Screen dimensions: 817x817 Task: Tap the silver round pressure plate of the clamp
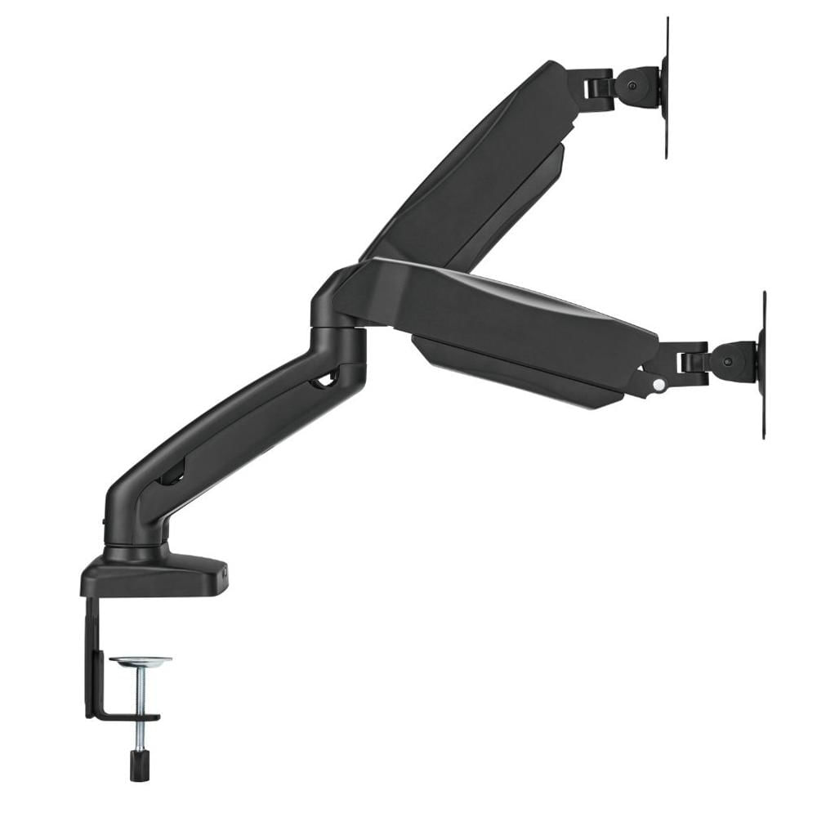[141, 661]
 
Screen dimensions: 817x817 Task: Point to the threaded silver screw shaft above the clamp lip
[140, 690]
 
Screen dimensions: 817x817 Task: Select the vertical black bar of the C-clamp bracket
[90, 654]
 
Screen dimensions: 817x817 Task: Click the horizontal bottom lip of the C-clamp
[123, 717]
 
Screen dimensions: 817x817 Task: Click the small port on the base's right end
[223, 574]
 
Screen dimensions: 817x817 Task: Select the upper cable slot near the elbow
[325, 377]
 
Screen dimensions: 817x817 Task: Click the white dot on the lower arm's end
[659, 383]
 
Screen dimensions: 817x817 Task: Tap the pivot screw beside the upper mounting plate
[631, 84]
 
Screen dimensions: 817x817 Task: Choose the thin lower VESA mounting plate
[763, 364]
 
